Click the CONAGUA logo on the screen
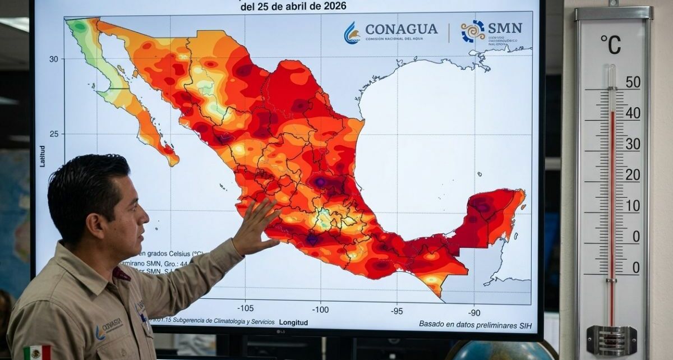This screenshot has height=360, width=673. (x=391, y=31)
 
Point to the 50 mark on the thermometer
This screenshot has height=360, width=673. (x=633, y=82)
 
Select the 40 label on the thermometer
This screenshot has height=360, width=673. (x=633, y=113)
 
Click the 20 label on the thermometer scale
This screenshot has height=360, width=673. (x=633, y=175)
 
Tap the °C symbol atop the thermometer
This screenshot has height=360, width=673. (x=611, y=45)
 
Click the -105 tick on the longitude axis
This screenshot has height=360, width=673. (x=245, y=308)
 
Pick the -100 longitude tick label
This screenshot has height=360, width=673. (x=321, y=309)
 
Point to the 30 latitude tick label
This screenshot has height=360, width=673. (x=53, y=58)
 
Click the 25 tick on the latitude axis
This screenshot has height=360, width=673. (x=53, y=133)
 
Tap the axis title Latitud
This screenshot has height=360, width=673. (x=43, y=156)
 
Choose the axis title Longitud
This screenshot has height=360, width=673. (x=294, y=322)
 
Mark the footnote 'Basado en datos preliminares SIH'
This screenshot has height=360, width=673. (x=474, y=324)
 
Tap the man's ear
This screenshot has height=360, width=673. (x=96, y=216)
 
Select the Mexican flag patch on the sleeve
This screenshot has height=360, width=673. (x=37, y=352)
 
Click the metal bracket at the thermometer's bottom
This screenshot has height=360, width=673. (x=611, y=340)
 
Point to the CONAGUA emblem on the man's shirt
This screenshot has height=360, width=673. (x=109, y=327)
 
